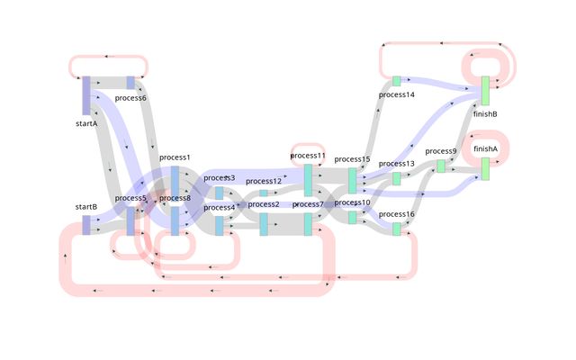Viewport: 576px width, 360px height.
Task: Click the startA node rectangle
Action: pyautogui.click(x=86, y=96)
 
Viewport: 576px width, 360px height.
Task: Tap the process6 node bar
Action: pyautogui.click(x=130, y=83)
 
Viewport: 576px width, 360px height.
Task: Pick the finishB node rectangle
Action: pyautogui.click(x=485, y=91)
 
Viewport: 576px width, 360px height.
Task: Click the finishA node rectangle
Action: pyautogui.click(x=485, y=168)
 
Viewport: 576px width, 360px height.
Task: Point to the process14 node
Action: pyautogui.click(x=396, y=81)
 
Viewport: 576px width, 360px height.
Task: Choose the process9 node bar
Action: pyautogui.click(x=441, y=166)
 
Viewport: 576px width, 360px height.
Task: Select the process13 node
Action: pyautogui.click(x=396, y=178)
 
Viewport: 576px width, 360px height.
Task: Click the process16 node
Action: pyautogui.click(x=396, y=229)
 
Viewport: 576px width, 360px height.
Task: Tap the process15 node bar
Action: pyautogui.click(x=352, y=180)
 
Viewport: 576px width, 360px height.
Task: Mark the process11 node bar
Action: pyautogui.click(x=308, y=179)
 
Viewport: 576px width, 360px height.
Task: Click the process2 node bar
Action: pyautogui.click(x=264, y=224)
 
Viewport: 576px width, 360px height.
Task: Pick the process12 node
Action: pyautogui.click(x=264, y=193)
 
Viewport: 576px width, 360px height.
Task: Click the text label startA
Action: pyautogui.click(x=86, y=123)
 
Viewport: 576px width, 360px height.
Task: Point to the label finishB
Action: pyautogui.click(x=485, y=114)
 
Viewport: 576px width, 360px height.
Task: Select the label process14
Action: pyautogui.click(x=397, y=94)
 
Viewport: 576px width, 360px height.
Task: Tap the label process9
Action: pyautogui.click(x=441, y=151)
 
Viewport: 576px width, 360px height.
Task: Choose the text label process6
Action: pyautogui.click(x=130, y=97)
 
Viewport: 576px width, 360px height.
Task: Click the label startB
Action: pyautogui.click(x=86, y=207)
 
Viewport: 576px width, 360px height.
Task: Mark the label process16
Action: pyautogui.click(x=397, y=214)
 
